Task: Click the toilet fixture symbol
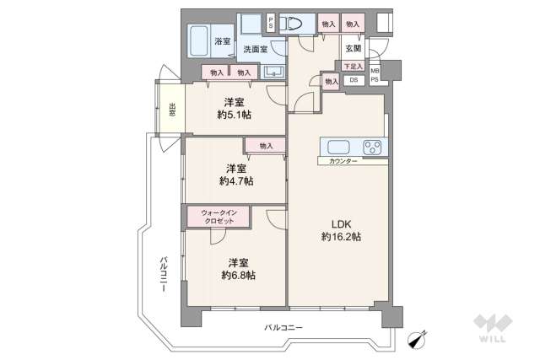click(x=290, y=24)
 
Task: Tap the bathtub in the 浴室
click(x=199, y=41)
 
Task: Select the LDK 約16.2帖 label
click(x=341, y=231)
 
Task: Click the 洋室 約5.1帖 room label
click(x=235, y=109)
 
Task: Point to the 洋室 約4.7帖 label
click(x=236, y=175)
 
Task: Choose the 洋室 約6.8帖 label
click(x=238, y=269)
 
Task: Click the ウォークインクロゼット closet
click(x=219, y=217)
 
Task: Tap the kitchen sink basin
click(x=338, y=148)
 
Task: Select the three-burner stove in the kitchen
click(x=372, y=148)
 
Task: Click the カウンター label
click(x=343, y=161)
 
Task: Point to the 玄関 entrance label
click(x=353, y=49)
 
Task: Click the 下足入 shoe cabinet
click(x=354, y=66)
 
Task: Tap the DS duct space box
click(x=354, y=80)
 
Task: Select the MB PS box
click(x=375, y=75)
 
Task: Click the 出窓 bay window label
click(x=172, y=110)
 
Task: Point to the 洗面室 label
click(x=255, y=49)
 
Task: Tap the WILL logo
click(x=493, y=328)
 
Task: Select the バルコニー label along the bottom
click(x=283, y=327)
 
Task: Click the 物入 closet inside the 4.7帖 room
click(x=266, y=146)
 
